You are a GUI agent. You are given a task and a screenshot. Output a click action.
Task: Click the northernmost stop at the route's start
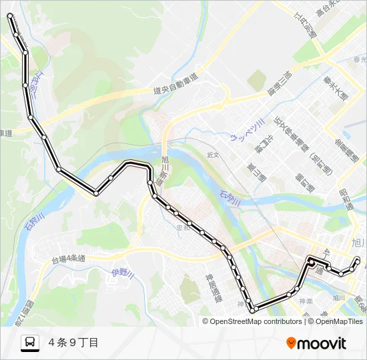tap(10, 15)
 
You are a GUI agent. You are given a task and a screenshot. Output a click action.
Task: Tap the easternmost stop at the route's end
tap(358, 259)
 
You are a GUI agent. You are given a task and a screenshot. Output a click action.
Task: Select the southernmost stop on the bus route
tap(253, 309)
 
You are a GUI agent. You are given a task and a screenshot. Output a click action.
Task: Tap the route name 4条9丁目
tap(73, 343)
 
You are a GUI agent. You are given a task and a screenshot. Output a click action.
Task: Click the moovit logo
tap(316, 343)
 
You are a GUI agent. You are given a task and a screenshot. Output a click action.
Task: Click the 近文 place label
tap(213, 155)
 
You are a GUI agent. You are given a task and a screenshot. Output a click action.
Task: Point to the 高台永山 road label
tap(334, 13)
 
